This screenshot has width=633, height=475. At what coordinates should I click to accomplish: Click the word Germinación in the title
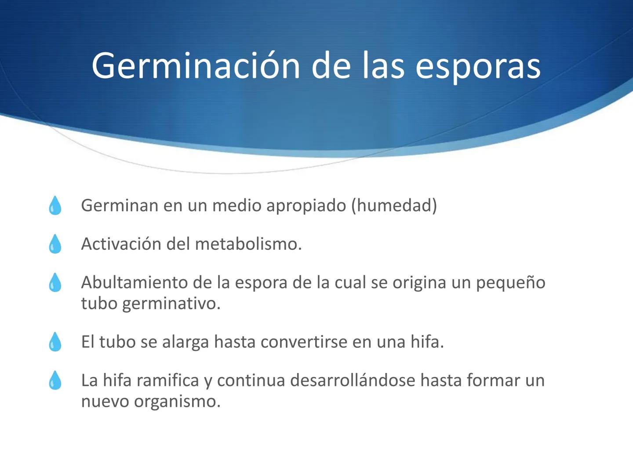pyautogui.click(x=196, y=66)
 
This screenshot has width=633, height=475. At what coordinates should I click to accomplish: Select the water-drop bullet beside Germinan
pyautogui.click(x=55, y=205)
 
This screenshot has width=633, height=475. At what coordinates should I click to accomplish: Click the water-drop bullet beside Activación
pyautogui.click(x=55, y=244)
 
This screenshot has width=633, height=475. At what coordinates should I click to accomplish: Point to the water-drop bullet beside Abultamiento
pyautogui.click(x=55, y=282)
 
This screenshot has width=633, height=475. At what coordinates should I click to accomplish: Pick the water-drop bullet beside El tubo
pyautogui.click(x=55, y=342)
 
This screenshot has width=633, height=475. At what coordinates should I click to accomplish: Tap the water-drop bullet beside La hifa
pyautogui.click(x=55, y=380)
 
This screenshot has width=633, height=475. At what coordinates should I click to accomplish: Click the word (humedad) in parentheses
pyautogui.click(x=394, y=205)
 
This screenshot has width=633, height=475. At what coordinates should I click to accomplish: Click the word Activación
pyautogui.click(x=120, y=244)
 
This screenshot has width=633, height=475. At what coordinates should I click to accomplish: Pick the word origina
pyautogui.click(x=419, y=282)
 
